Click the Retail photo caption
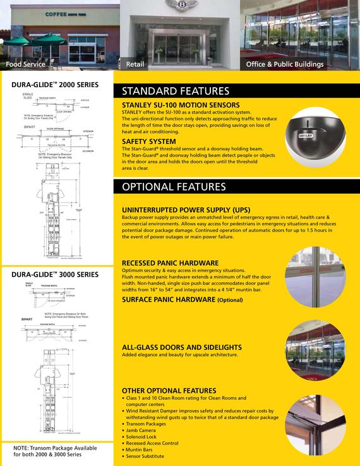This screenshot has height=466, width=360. tap(135, 65)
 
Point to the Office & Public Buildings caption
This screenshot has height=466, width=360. tap(285, 65)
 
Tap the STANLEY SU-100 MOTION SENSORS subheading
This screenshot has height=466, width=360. tap(181, 105)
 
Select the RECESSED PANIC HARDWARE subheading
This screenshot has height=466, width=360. tap(171, 262)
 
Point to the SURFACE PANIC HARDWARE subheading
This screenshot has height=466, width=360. tap(182, 299)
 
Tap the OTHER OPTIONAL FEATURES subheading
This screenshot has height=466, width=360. tap(169, 391)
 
